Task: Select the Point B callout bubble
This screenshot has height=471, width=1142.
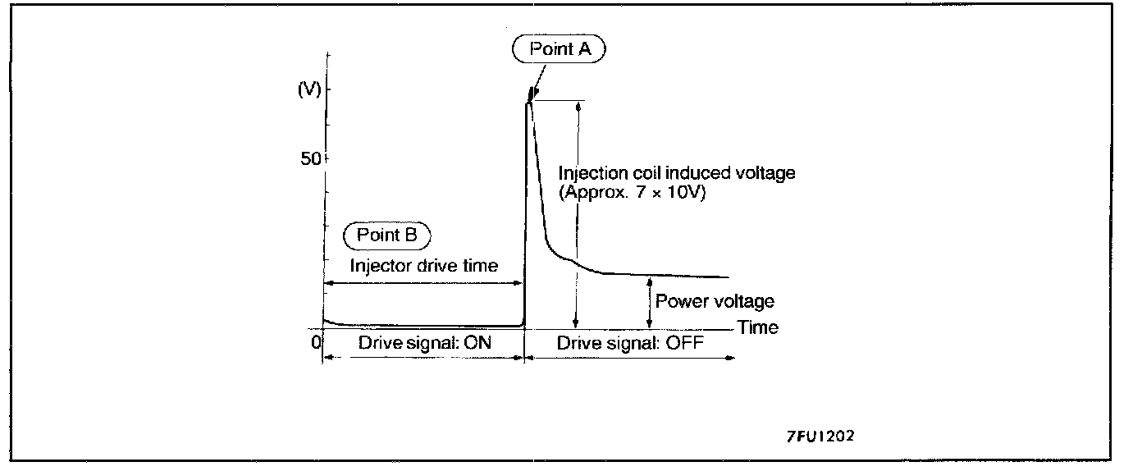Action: [x=387, y=235]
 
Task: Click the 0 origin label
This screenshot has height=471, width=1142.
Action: [x=315, y=343]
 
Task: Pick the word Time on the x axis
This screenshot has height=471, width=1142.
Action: [x=758, y=327]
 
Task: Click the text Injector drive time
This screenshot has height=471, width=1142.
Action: [x=424, y=266]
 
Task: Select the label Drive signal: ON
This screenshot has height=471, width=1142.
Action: [x=424, y=343]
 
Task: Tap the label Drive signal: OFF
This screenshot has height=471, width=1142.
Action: [x=630, y=343]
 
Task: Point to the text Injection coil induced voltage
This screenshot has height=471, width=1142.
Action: [x=677, y=173]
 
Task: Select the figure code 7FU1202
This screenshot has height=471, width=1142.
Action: [x=820, y=437]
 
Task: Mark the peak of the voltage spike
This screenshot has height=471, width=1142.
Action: [x=531, y=91]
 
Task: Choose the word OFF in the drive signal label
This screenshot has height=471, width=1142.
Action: [x=685, y=343]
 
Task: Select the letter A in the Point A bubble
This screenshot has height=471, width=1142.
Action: [x=584, y=49]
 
